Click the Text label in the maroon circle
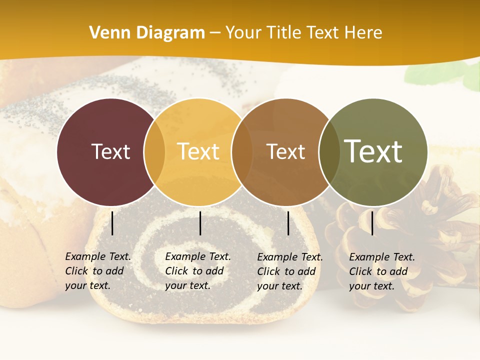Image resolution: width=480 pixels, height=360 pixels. pyautogui.click(x=110, y=151)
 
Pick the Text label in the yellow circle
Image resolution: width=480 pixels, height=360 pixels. pyautogui.click(x=198, y=151)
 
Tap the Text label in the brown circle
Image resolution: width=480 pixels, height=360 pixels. pyautogui.click(x=285, y=151)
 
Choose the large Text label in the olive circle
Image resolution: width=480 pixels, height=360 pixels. pyautogui.click(x=373, y=151)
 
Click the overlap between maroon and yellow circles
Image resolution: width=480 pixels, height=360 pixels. pyautogui.click(x=154, y=152)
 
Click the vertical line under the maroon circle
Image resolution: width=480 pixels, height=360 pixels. pyautogui.click(x=112, y=223)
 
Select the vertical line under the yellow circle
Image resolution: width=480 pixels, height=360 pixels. pyautogui.click(x=200, y=223)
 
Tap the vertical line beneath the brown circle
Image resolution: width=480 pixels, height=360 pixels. pyautogui.click(x=288, y=223)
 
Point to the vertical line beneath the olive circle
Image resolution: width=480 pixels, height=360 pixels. pyautogui.click(x=372, y=223)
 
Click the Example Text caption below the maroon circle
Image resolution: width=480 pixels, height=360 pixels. pyautogui.click(x=98, y=271)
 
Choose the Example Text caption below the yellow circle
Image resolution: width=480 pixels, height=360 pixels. pyautogui.click(x=198, y=271)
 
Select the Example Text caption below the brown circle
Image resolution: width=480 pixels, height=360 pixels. pyautogui.click(x=290, y=271)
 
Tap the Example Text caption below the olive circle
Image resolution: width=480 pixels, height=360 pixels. pyautogui.click(x=382, y=271)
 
